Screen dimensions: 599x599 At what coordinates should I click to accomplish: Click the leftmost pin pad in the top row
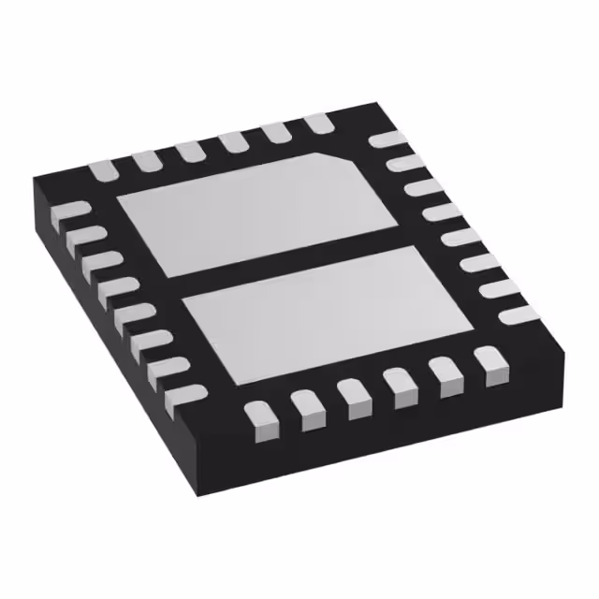tap(102, 170)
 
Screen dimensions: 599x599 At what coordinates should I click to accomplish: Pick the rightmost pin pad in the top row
tap(318, 123)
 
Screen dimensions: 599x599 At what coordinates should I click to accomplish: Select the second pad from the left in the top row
tap(147, 161)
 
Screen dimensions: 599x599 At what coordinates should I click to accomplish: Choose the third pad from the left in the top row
tap(191, 152)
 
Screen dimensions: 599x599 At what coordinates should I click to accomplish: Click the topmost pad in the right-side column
tap(386, 139)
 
